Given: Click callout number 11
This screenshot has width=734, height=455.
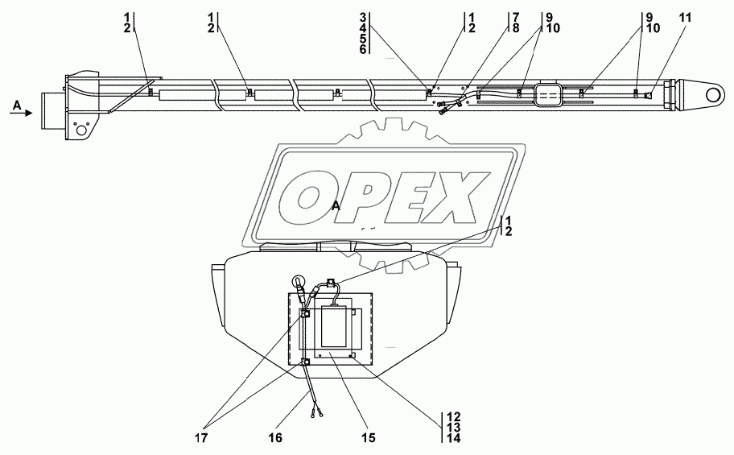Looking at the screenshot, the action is tap(685, 19).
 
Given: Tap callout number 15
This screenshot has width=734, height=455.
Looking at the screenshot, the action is tap(369, 438).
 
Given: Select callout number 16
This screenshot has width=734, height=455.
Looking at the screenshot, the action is tap(275, 438).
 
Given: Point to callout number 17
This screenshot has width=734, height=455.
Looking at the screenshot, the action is tap(201, 438).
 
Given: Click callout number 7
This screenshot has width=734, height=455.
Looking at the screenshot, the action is tap(515, 18).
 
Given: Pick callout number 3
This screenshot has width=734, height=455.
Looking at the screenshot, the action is tap(363, 18).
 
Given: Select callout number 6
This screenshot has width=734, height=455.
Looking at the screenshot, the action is tap(363, 49).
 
